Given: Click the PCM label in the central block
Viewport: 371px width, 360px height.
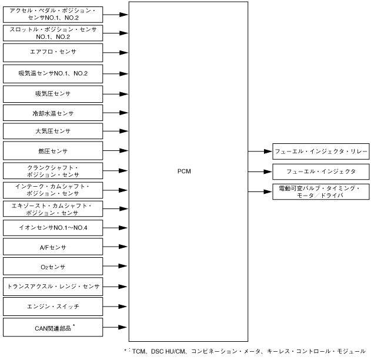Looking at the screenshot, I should click(184, 171).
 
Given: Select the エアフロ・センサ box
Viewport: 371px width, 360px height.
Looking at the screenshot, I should click(53, 53).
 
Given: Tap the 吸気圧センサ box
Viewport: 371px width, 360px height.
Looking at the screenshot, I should click(53, 93).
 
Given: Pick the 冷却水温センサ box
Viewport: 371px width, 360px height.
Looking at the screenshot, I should click(53, 112).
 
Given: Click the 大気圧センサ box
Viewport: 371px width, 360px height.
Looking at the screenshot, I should click(53, 131).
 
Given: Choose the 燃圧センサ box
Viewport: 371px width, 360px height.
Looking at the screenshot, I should click(53, 151).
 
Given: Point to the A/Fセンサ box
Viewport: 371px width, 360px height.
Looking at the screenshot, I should click(53, 247).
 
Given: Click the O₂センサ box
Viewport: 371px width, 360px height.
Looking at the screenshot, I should click(53, 267).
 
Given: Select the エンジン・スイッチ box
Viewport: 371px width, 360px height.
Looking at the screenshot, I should click(53, 306).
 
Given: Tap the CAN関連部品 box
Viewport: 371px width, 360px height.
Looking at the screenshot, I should click(53, 326).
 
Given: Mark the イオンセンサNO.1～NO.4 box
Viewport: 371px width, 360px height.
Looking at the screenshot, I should click(53, 228).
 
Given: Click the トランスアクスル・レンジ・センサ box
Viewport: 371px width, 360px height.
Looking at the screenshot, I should click(53, 287).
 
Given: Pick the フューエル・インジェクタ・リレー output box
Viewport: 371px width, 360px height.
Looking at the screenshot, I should click(320, 151).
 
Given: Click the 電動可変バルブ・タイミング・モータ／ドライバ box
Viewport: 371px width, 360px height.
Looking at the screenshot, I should click(320, 191).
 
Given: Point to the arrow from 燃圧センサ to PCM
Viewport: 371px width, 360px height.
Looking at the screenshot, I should click(116, 151).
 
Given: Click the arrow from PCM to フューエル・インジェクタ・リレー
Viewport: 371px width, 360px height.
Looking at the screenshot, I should click(258, 151).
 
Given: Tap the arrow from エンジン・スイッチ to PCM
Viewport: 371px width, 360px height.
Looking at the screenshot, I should click(116, 306).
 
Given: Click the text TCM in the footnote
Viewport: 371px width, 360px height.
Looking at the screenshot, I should click(139, 351).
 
